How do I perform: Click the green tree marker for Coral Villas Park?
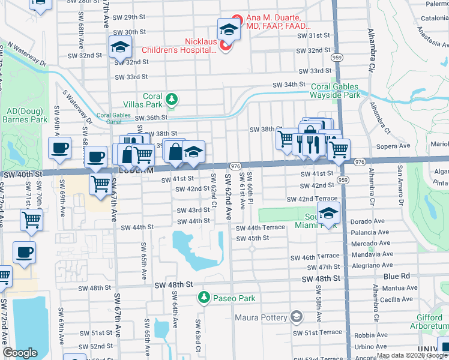point(172,99)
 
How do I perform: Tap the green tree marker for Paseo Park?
point(204,298)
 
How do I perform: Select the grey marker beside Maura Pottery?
point(296,316)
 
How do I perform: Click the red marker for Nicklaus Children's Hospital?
point(226,46)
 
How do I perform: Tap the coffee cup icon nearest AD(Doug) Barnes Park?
point(59,148)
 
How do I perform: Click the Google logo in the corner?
point(20,353)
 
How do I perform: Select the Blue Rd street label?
point(396,276)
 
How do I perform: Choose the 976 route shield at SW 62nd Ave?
point(235,166)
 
